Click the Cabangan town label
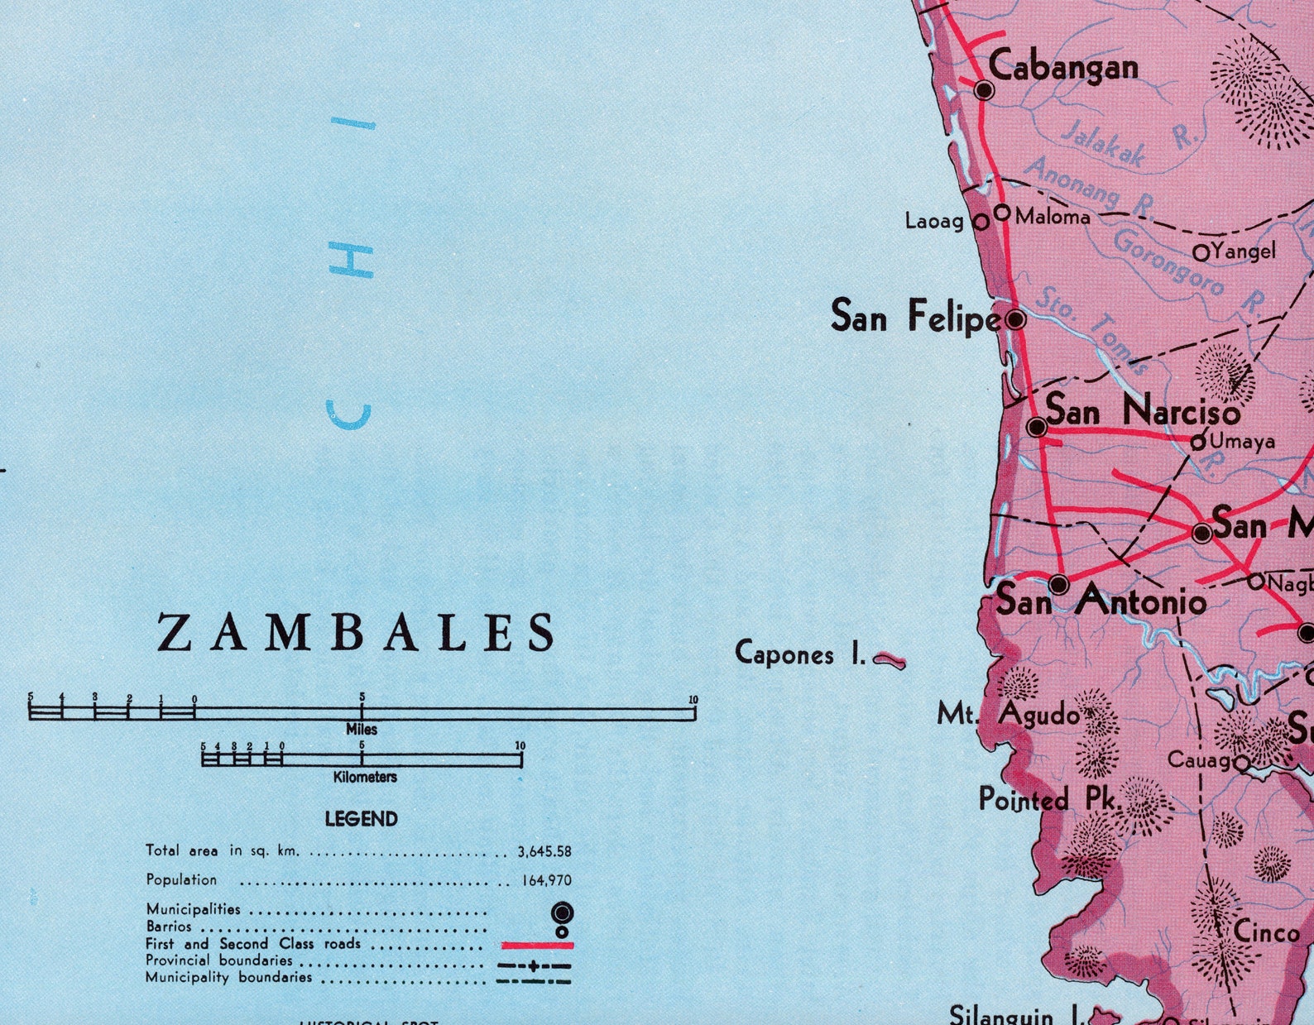[1063, 66]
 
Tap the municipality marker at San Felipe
[1015, 319]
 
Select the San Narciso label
[1142, 410]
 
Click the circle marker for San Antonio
[1058, 585]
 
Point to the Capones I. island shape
[890, 659]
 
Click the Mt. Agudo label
[1008, 713]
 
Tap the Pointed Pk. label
[1048, 799]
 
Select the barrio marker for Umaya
[1197, 443]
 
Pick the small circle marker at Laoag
[981, 222]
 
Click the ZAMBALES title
[357, 633]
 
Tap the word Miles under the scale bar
[362, 730]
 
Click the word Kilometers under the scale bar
[365, 778]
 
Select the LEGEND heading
[361, 819]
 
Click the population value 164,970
[546, 881]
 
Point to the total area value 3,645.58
[544, 851]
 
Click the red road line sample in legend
[537, 945]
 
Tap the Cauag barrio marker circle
[1241, 763]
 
